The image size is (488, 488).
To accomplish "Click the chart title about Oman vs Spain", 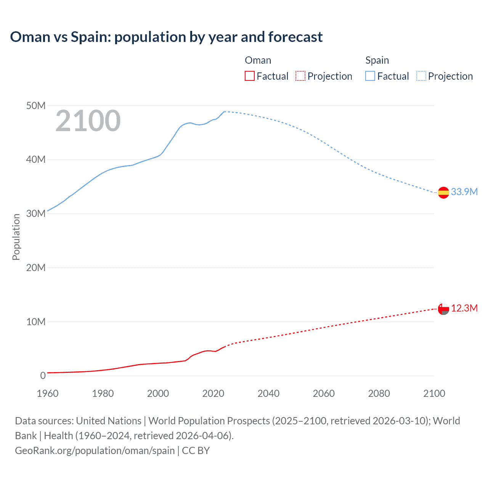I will pyautogui.click(x=166, y=37).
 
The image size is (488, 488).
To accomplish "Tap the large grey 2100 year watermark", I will pyautogui.click(x=88, y=121).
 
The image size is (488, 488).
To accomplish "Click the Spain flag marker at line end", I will pyautogui.click(x=443, y=193).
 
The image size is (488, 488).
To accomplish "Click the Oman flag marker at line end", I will pyautogui.click(x=443, y=309).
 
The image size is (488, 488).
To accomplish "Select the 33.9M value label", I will pyautogui.click(x=464, y=192).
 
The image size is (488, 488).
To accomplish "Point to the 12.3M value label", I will pyautogui.click(x=464, y=308).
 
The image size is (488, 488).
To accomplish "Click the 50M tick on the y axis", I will pyautogui.click(x=36, y=106).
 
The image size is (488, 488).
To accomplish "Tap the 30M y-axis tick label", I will pyautogui.click(x=36, y=213).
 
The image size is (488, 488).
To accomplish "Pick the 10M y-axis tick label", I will pyautogui.click(x=36, y=322).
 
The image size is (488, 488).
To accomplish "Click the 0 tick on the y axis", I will pyautogui.click(x=43, y=376).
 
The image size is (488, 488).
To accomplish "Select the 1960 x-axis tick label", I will pyautogui.click(x=48, y=393).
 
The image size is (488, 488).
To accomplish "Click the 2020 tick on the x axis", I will pyautogui.click(x=213, y=393).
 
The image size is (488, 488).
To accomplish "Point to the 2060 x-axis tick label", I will pyautogui.click(x=324, y=393).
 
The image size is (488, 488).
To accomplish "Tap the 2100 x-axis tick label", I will pyautogui.click(x=434, y=393).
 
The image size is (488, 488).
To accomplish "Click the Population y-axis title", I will pyautogui.click(x=16, y=237).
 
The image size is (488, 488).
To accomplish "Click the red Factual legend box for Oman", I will pyautogui.click(x=250, y=76).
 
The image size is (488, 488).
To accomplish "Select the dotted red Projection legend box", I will pyautogui.click(x=300, y=76).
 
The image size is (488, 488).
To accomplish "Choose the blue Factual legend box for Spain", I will pyautogui.click(x=370, y=76).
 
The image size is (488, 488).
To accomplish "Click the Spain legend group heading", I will pyautogui.click(x=377, y=60).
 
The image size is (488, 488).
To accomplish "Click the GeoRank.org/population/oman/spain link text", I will pyautogui.click(x=95, y=450).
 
